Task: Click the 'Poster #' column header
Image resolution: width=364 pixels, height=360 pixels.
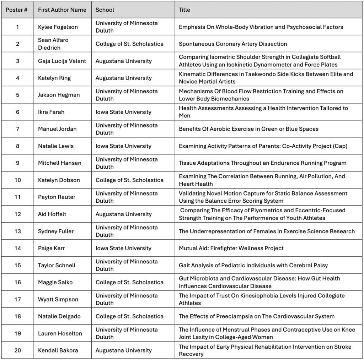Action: [x=17, y=10]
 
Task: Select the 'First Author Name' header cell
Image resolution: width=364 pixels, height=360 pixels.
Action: [x=62, y=10]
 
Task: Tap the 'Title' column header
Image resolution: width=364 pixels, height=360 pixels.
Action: [x=184, y=10]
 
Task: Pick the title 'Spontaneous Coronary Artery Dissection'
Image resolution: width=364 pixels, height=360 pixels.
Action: [x=233, y=44]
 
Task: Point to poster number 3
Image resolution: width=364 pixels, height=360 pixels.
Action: [x=17, y=61]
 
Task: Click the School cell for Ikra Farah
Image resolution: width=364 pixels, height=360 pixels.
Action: [x=123, y=112]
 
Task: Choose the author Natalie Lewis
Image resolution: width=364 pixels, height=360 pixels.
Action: [x=56, y=146]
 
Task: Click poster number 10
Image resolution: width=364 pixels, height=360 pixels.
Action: [x=17, y=180]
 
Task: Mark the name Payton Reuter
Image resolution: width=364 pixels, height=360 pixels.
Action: [x=57, y=197]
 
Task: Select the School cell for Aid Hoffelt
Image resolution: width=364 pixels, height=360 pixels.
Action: [x=123, y=214]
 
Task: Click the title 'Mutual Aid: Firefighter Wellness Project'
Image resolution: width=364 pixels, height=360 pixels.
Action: [x=231, y=249]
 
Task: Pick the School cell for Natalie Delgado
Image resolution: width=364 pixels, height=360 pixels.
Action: [x=129, y=317]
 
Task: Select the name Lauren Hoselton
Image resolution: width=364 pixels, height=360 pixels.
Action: [x=60, y=334]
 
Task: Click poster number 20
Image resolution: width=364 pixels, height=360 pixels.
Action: [x=17, y=351]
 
